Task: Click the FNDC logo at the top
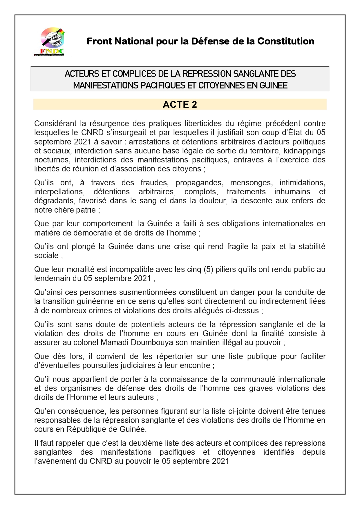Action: coord(52,41)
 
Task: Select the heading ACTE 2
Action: coord(180,104)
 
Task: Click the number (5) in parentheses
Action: coord(208,269)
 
